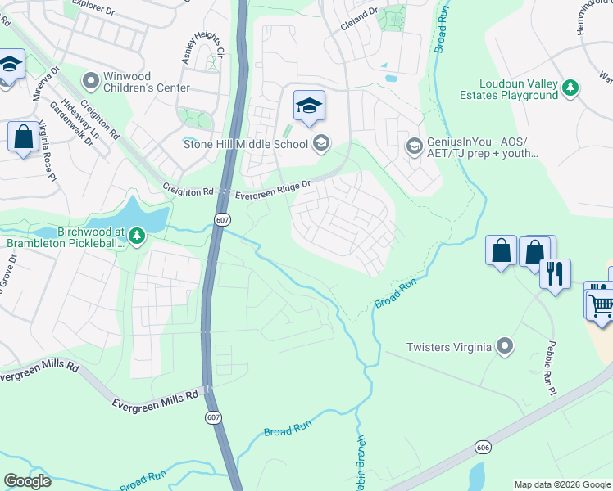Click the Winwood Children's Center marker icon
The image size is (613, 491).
[91, 82]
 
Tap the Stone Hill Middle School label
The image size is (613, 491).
[243, 145]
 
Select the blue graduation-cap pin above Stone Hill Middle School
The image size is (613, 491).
[309, 106]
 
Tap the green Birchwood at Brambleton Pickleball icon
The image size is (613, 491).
[136, 237]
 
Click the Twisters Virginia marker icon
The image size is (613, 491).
[506, 346]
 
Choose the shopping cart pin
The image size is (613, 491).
[602, 304]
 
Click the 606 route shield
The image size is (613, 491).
[481, 447]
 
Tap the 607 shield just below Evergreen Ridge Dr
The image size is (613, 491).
[223, 219]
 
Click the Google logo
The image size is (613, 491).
[27, 481]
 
